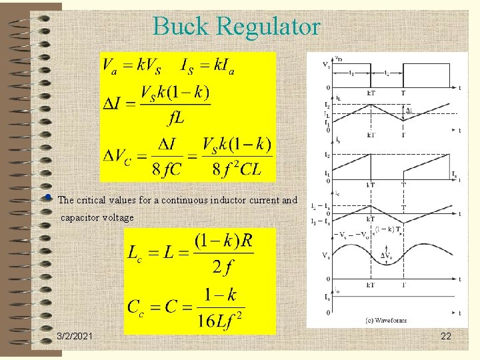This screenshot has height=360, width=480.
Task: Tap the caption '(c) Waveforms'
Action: point(385,320)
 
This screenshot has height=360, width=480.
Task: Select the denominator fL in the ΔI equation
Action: point(176,119)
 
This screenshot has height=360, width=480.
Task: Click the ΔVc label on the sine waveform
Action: point(387,256)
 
